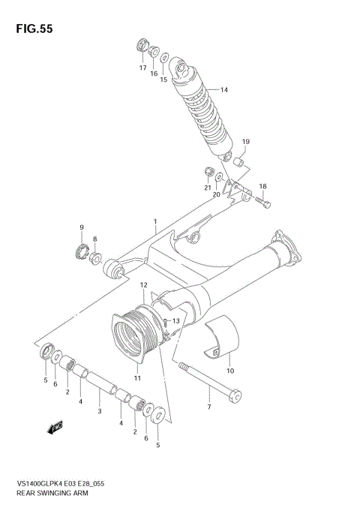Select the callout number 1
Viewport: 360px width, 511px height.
click(x=155, y=222)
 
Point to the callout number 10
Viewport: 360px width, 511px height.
click(x=230, y=371)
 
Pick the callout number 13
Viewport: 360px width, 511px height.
click(x=177, y=321)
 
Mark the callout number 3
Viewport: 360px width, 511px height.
click(x=99, y=412)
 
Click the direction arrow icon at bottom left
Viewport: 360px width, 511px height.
click(x=54, y=428)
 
